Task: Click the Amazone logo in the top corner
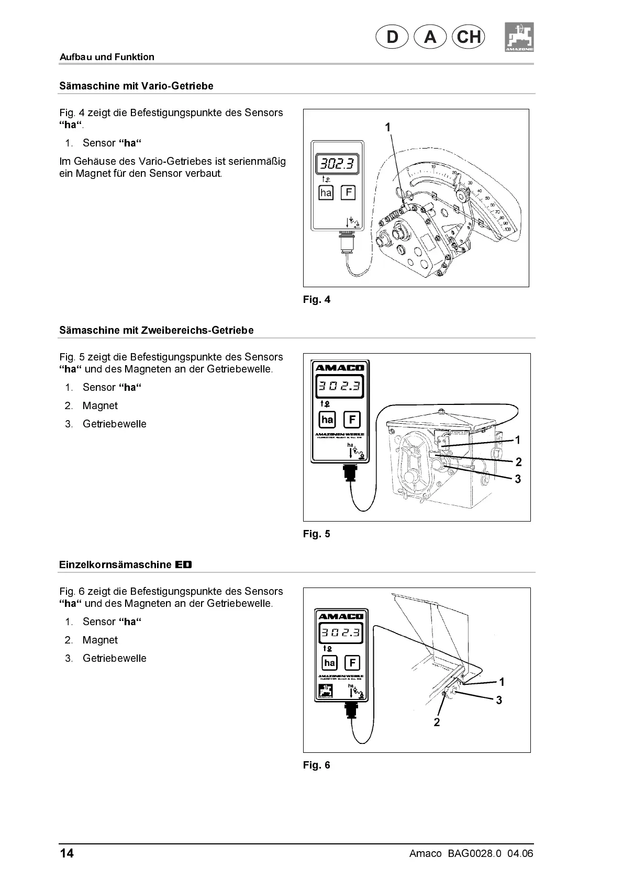pyautogui.click(x=519, y=37)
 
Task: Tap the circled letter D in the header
pyautogui.click(x=392, y=37)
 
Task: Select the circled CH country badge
pyautogui.click(x=468, y=37)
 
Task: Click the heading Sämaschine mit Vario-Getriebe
pyautogui.click(x=136, y=86)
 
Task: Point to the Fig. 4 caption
pyautogui.click(x=317, y=300)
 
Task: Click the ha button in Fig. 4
pyautogui.click(x=326, y=193)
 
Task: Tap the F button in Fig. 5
pyautogui.click(x=352, y=419)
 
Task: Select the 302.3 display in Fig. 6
pyautogui.click(x=340, y=632)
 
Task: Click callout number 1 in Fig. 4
pyautogui.click(x=388, y=127)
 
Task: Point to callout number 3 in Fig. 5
pyautogui.click(x=518, y=479)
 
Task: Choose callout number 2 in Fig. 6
pyautogui.click(x=437, y=722)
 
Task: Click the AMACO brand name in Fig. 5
pyautogui.click(x=340, y=367)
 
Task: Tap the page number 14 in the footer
pyautogui.click(x=66, y=854)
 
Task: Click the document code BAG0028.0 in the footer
pyautogui.click(x=475, y=854)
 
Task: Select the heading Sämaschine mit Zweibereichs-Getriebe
pyautogui.click(x=156, y=330)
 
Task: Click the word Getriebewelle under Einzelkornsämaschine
pyautogui.click(x=114, y=658)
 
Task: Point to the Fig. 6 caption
pyautogui.click(x=317, y=765)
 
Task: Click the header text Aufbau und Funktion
pyautogui.click(x=107, y=57)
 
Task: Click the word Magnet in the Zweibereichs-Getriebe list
pyautogui.click(x=100, y=405)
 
